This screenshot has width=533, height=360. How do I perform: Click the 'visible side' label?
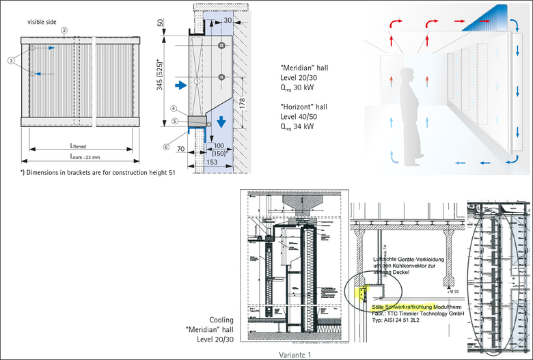(x=41, y=22)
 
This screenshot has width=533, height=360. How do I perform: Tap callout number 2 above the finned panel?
(x=64, y=31)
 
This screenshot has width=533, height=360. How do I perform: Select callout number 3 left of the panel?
(x=12, y=60)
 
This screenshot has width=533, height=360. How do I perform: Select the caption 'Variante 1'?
(x=295, y=355)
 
